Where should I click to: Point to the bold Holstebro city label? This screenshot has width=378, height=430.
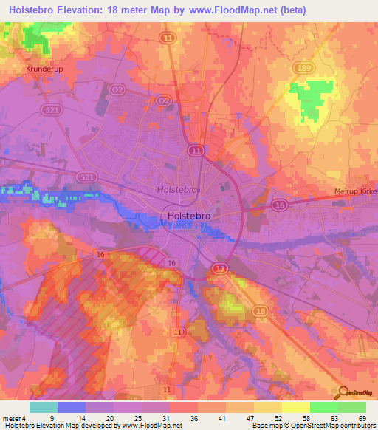[185, 216]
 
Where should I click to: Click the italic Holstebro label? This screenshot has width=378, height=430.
[178, 190]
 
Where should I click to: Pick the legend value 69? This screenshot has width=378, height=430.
[361, 419]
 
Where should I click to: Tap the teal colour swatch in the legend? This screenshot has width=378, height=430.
[44, 407]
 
